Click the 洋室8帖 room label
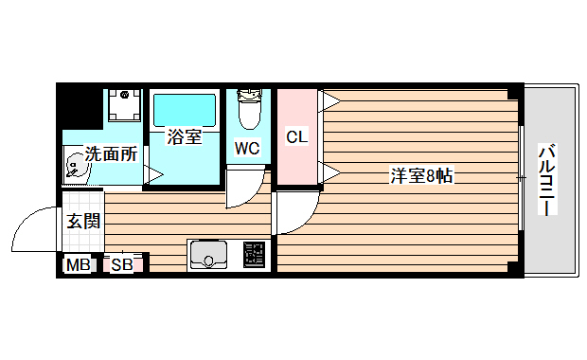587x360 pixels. pyautogui.click(x=421, y=175)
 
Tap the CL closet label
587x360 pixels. pyautogui.click(x=296, y=136)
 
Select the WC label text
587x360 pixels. pyautogui.click(x=247, y=148)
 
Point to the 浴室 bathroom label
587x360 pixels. pyautogui.click(x=184, y=136)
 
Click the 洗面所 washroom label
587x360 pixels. pyautogui.click(x=112, y=153)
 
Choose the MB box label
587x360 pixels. pyautogui.click(x=78, y=264)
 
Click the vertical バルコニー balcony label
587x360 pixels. pyautogui.click(x=547, y=179)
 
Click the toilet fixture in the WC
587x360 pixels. pyautogui.click(x=249, y=110)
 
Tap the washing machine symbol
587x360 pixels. pyautogui.click(x=123, y=107)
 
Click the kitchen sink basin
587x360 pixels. pyautogui.click(x=208, y=254)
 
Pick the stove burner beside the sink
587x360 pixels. pyautogui.click(x=255, y=254)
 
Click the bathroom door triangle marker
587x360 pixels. pyautogui.click(x=151, y=174)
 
